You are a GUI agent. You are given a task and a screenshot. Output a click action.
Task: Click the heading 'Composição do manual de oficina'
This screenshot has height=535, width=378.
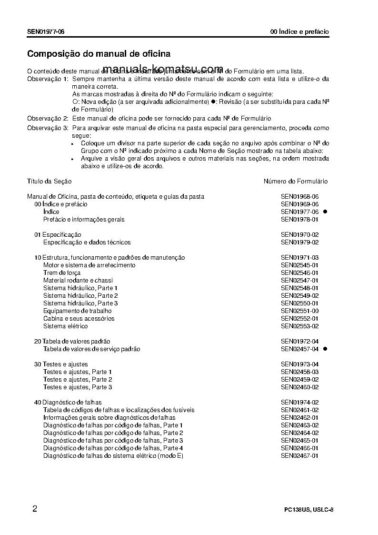[x=99, y=54]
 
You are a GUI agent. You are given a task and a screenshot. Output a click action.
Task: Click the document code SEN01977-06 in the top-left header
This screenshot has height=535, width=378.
[x=46, y=32]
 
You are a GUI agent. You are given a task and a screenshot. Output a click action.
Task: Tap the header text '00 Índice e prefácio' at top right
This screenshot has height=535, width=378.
[x=299, y=32]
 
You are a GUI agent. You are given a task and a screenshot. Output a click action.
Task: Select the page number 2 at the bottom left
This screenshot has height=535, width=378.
[x=35, y=508]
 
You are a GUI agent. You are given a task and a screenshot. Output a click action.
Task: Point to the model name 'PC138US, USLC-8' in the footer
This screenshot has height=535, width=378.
[x=308, y=510]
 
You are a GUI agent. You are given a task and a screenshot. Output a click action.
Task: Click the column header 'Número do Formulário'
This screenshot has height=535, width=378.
[x=296, y=182]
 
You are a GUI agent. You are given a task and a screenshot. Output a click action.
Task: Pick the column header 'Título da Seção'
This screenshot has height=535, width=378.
[x=49, y=182]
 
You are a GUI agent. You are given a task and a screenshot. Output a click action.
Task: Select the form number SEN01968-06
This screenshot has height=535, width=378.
[x=299, y=196]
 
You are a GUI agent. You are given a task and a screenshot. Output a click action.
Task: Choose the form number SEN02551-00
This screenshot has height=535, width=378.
[x=299, y=311]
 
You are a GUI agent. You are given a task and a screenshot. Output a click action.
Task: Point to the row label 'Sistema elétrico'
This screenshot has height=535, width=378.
[x=65, y=326]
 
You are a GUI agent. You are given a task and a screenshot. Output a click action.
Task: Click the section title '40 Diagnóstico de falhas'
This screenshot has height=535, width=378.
[x=68, y=402]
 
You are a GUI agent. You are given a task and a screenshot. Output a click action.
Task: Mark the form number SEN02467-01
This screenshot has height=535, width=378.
[x=299, y=455]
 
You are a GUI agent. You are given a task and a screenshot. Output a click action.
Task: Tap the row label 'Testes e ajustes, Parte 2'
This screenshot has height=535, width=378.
[x=78, y=379]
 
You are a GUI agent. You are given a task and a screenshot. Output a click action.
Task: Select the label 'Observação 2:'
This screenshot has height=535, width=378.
[x=48, y=118]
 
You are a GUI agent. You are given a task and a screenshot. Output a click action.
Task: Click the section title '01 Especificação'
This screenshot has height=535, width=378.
[x=58, y=234]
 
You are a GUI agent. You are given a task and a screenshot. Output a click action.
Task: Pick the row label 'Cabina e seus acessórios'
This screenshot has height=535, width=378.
[x=79, y=318]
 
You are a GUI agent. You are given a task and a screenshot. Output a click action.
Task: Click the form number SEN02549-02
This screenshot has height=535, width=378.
[x=299, y=295]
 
